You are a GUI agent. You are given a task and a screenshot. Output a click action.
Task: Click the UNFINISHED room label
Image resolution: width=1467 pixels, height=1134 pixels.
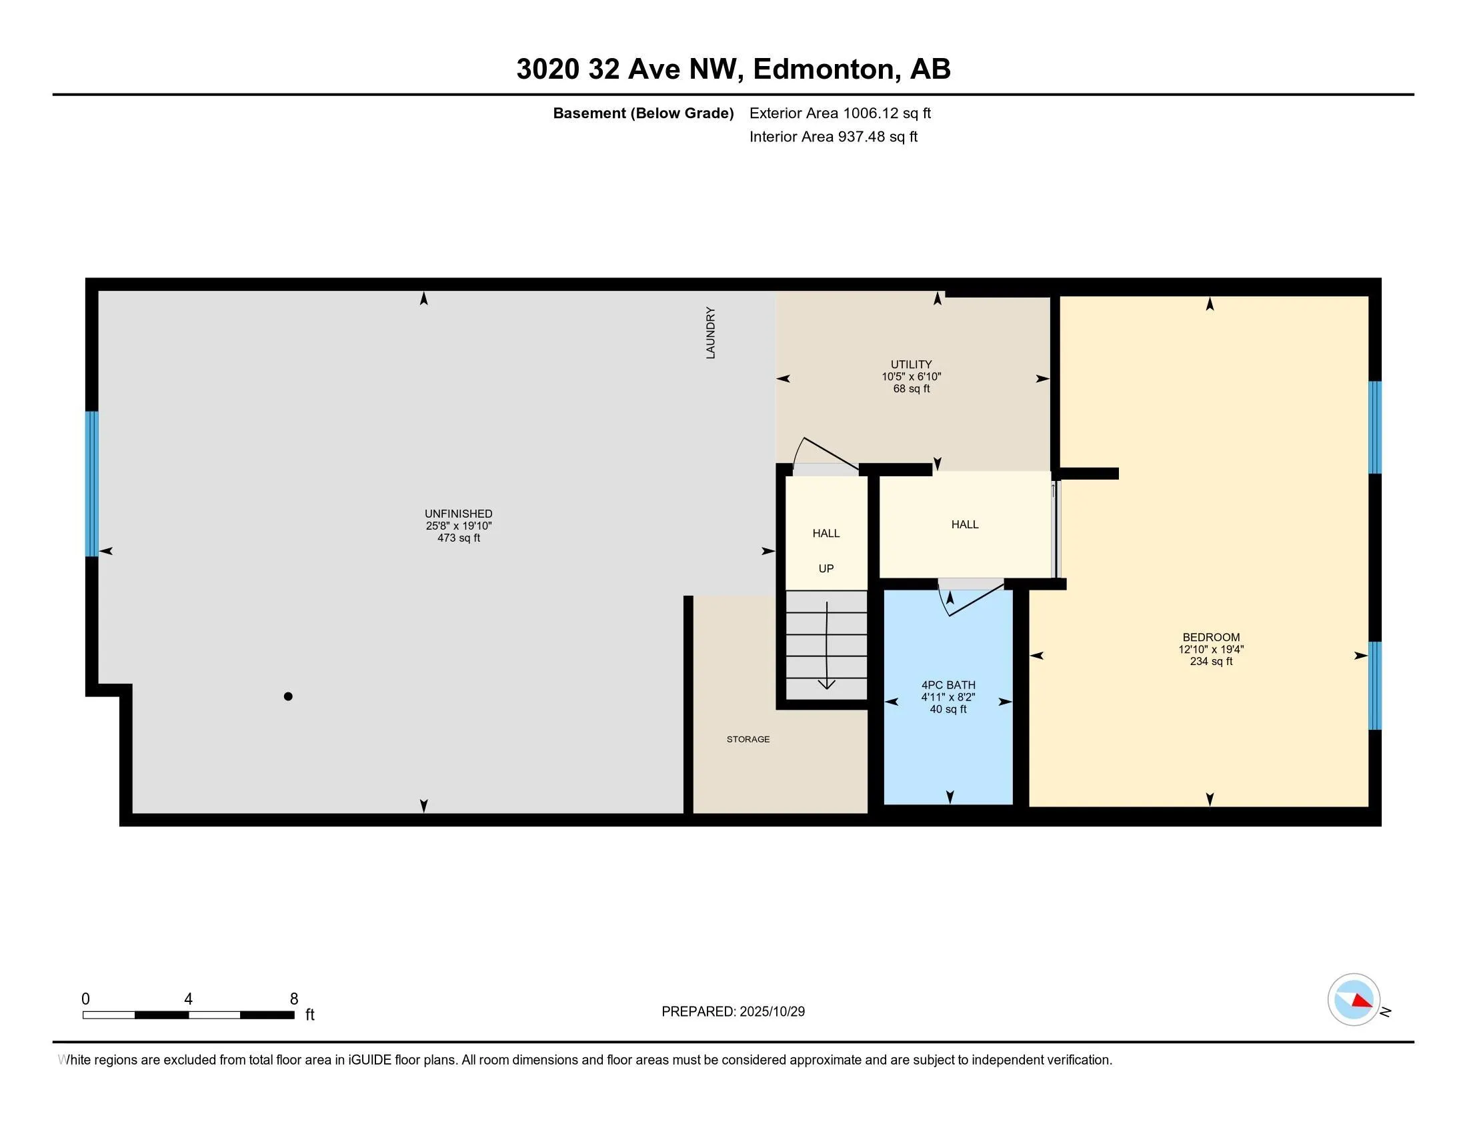pyautogui.click(x=458, y=514)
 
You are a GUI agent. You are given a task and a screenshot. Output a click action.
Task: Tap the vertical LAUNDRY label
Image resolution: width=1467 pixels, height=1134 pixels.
pyautogui.click(x=711, y=333)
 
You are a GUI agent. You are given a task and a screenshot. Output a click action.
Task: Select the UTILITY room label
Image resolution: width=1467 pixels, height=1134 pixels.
pyautogui.click(x=911, y=365)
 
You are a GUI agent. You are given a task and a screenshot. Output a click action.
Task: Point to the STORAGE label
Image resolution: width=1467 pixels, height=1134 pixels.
pyautogui.click(x=748, y=739)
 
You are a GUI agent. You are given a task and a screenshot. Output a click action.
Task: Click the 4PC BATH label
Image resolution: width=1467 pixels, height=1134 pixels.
pyautogui.click(x=948, y=685)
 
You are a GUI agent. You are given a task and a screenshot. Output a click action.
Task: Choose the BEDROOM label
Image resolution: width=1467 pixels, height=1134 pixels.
pyautogui.click(x=1211, y=638)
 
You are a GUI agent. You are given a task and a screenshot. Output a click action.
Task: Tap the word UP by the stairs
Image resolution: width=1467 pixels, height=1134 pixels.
pyautogui.click(x=826, y=568)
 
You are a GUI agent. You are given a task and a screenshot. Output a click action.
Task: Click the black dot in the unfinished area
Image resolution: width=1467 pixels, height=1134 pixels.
pyautogui.click(x=288, y=696)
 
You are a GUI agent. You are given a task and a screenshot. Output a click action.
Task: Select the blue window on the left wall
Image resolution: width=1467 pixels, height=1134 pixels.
pyautogui.click(x=92, y=484)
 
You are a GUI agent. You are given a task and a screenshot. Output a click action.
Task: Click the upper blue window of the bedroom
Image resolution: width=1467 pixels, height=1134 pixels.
pyautogui.click(x=1375, y=428)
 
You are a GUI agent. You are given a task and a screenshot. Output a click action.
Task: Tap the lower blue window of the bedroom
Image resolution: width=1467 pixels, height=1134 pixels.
pyautogui.click(x=1375, y=685)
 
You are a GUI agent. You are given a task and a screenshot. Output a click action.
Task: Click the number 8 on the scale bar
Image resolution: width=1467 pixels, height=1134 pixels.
pyautogui.click(x=293, y=999)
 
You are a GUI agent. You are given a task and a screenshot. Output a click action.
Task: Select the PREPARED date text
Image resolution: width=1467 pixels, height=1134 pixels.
pyautogui.click(x=733, y=1012)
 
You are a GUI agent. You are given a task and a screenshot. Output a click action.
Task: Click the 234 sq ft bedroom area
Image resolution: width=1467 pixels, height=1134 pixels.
pyautogui.click(x=1211, y=661)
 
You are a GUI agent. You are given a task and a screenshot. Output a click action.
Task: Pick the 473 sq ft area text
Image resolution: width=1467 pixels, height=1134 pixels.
pyautogui.click(x=458, y=538)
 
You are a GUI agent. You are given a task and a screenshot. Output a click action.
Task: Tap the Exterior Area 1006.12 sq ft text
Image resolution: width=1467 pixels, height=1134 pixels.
pyautogui.click(x=840, y=113)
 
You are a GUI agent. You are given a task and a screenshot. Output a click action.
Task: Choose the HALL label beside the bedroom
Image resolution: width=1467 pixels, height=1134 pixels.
pyautogui.click(x=965, y=525)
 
